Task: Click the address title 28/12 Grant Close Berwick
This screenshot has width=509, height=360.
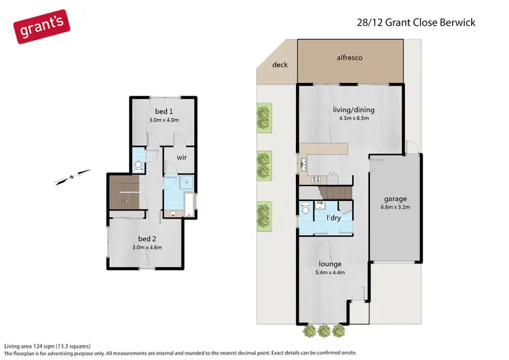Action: click(x=417, y=22)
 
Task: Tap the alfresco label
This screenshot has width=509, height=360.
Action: click(x=350, y=58)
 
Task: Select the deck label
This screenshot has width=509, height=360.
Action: click(x=280, y=65)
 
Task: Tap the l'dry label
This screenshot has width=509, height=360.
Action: click(x=333, y=218)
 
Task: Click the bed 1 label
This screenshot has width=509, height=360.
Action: click(x=164, y=111)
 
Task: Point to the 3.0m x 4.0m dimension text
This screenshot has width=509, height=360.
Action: click(x=164, y=120)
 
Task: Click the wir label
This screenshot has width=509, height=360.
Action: click(x=181, y=157)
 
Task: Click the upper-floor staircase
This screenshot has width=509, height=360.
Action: click(x=124, y=192)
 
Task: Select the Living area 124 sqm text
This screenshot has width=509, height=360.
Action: click(x=47, y=346)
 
